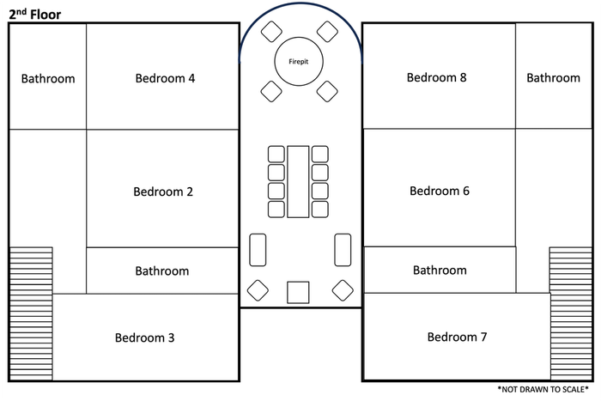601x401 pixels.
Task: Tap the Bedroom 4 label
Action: tap(165, 78)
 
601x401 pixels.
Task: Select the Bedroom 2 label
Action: tap(163, 191)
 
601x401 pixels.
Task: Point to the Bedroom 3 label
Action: tap(145, 337)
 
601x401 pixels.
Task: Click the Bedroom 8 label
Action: tap(436, 77)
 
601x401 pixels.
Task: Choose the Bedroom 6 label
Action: tap(440, 191)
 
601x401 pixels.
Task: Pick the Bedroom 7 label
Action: tap(458, 337)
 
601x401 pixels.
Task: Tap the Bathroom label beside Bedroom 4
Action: tap(48, 79)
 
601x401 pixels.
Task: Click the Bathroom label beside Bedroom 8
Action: tap(554, 78)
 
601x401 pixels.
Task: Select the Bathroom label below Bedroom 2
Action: tap(162, 271)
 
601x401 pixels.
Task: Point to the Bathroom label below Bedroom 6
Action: tap(440, 270)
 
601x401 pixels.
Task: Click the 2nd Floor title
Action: tap(35, 15)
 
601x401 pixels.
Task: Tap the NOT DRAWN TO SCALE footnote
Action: tap(543, 390)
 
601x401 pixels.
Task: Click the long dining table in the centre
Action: tap(298, 182)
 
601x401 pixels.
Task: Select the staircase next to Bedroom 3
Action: tap(31, 313)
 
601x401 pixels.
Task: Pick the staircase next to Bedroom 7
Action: tap(571, 313)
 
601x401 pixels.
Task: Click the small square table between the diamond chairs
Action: tap(298, 293)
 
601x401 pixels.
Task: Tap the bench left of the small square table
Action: tap(258, 250)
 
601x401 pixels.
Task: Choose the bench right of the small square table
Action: tap(343, 250)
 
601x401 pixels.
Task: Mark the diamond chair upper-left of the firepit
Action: tap(271, 32)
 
